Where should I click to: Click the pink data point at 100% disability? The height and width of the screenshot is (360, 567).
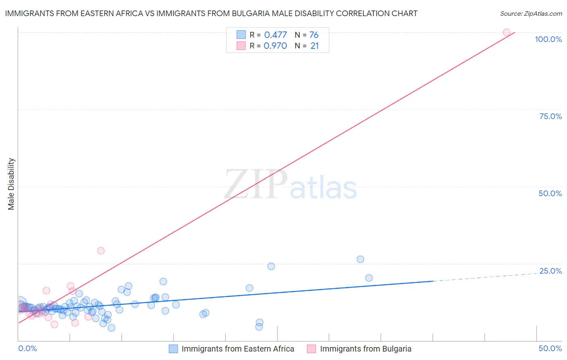point(507,32)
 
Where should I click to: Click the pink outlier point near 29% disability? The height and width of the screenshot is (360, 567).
point(101,251)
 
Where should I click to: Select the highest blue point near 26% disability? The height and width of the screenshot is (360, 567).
point(361,259)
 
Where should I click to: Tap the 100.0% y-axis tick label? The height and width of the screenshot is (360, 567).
point(548,39)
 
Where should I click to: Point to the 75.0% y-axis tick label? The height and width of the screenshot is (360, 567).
point(550,116)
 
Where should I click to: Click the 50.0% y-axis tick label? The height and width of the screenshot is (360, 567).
point(550,193)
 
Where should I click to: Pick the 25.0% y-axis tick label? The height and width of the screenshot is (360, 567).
point(550,271)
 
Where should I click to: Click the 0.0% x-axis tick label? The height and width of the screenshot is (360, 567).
point(27,348)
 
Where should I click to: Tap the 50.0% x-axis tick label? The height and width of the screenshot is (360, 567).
point(550,348)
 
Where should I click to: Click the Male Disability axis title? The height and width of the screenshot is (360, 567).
point(11,184)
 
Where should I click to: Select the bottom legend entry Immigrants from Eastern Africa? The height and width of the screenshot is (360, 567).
point(238,349)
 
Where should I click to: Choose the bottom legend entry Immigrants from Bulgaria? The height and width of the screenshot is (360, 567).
point(365,349)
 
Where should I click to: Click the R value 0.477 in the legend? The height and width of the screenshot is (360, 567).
point(275,35)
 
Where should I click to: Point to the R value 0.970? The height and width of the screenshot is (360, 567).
point(275,46)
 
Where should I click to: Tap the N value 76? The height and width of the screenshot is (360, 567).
point(314,35)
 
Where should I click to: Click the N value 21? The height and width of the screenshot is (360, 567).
point(315,46)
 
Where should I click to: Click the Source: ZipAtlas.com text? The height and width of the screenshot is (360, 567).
point(531,14)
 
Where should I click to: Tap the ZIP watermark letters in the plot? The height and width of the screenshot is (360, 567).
point(256,185)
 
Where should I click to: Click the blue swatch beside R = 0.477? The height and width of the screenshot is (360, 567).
point(241,35)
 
